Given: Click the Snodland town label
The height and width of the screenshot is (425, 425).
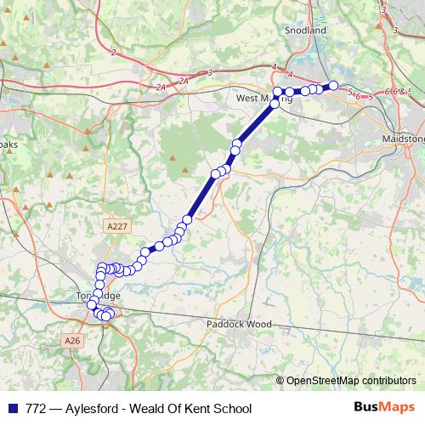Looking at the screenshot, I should pos(307,30).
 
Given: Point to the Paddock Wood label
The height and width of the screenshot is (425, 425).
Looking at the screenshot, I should pos(239,324).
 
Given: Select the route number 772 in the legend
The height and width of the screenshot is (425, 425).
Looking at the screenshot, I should pos(35,408).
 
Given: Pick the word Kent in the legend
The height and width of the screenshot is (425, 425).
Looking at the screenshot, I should pos(194,408).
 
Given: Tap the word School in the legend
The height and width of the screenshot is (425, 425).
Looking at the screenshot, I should pos(231,408).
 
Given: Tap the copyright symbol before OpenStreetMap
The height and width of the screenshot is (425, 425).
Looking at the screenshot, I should pos(280,380).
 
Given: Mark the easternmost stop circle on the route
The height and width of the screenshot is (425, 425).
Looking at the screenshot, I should pos(333,85).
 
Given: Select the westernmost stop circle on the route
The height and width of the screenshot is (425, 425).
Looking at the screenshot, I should pos(92,303).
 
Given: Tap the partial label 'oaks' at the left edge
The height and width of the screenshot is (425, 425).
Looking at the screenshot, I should pos(8,144).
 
